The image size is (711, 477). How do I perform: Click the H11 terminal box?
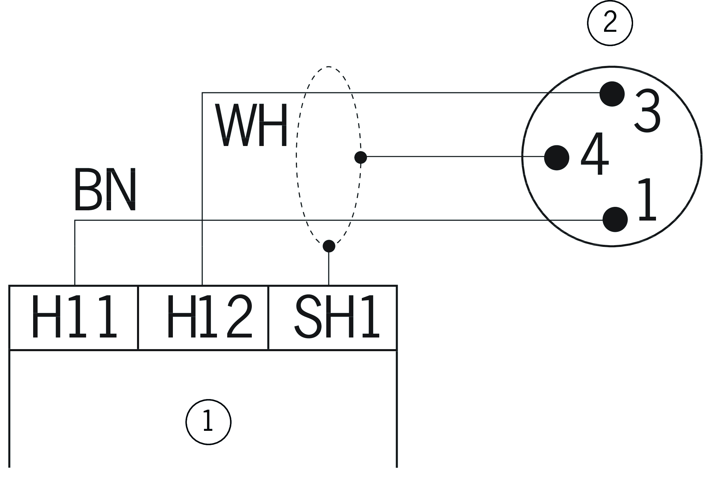74,317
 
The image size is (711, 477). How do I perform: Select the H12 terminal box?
203,317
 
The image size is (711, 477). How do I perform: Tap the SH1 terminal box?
333,317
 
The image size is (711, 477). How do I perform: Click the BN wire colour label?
105,190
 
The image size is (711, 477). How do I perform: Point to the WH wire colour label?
251,126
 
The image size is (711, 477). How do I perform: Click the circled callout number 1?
208,422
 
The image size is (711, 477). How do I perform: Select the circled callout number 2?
610,23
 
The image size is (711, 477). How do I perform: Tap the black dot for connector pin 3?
612,94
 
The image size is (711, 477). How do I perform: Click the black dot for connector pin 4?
557,158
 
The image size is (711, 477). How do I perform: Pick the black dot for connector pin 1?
615,220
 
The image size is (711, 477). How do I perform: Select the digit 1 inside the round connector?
646,200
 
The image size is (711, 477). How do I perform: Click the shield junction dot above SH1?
329,246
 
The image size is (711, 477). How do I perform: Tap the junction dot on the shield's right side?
360,158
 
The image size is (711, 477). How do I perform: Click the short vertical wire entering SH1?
329,268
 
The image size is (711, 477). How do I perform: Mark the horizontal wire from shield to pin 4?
454,157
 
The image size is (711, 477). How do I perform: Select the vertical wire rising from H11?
75,253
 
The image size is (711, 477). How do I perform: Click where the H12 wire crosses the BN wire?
202,220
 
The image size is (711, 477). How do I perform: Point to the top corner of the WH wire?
202,93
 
